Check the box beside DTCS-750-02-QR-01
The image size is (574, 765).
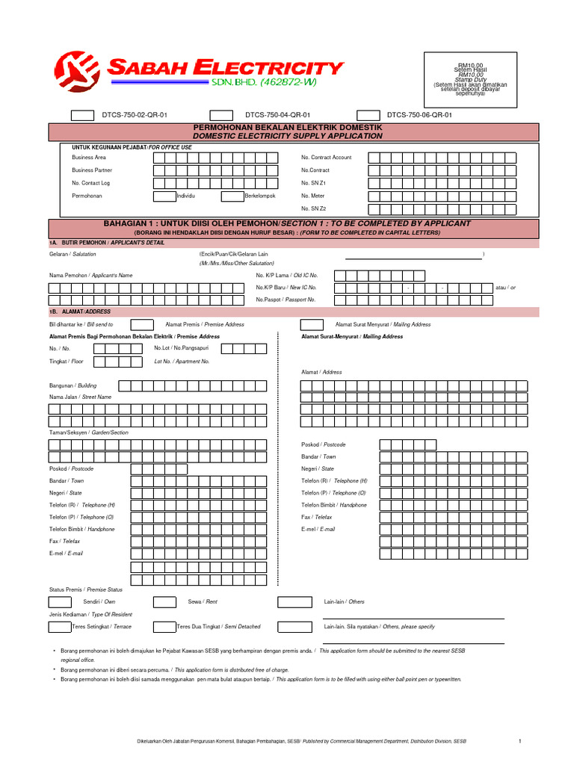pos(83,115)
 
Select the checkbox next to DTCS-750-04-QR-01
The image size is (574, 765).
pos(221,115)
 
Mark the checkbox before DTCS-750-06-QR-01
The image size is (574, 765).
pos(368,115)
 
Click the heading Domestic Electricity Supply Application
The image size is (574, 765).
pos(288,136)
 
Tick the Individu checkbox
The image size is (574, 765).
pos(164,196)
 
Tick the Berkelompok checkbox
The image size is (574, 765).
pos(232,196)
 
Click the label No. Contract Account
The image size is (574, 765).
pos(326,158)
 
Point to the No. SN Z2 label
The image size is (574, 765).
pos(313,208)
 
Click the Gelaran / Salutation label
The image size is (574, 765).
pos(72,255)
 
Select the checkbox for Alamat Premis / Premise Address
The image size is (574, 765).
pos(142,324)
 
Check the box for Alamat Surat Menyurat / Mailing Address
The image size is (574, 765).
pos(312,324)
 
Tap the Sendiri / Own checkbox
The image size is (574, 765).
pos(61,601)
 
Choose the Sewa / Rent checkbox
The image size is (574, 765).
pos(164,601)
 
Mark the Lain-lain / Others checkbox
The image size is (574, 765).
pos(289,601)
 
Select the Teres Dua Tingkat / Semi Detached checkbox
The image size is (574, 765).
pos(164,627)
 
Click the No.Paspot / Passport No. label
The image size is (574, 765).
pos(286,299)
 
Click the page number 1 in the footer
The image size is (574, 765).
pos(519,741)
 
